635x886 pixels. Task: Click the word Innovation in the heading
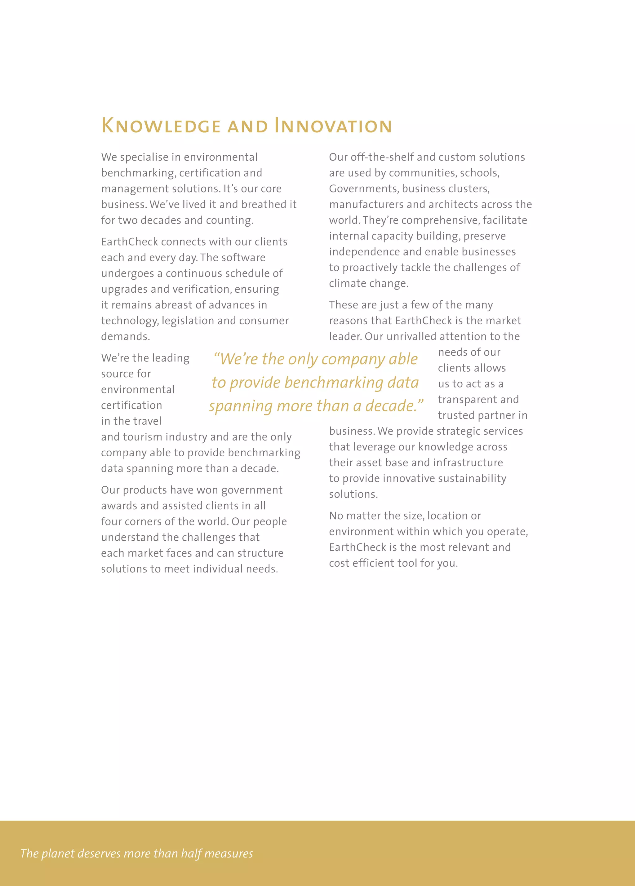[x=333, y=126]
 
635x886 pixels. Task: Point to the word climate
[x=346, y=283]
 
